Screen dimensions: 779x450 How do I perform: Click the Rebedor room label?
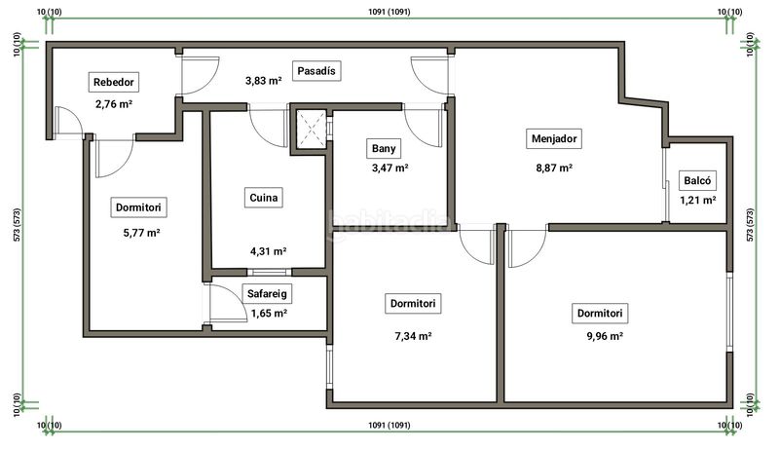(114, 82)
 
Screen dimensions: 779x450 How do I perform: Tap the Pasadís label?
(316, 71)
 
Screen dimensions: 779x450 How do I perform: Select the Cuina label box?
(263, 198)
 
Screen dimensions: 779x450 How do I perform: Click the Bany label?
(384, 148)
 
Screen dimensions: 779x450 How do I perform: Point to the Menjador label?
(554, 138)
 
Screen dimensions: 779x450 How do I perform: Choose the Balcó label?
(697, 181)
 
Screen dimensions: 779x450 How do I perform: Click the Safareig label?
(267, 293)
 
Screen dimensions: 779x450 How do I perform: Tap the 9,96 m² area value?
(605, 336)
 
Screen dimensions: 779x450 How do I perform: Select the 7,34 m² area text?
(413, 336)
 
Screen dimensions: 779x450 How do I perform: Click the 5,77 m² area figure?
(141, 233)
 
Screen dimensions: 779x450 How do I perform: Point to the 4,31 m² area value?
(269, 251)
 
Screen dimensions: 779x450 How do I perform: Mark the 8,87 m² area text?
(554, 168)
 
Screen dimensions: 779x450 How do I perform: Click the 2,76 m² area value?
(114, 104)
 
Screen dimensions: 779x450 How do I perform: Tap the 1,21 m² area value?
(698, 201)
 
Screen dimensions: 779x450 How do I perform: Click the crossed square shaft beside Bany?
(312, 129)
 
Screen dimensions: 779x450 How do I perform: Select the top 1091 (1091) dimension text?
(389, 12)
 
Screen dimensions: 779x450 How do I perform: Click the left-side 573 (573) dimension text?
(18, 225)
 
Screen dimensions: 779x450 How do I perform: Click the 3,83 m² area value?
(263, 81)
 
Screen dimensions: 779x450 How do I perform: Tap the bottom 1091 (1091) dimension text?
(389, 426)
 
